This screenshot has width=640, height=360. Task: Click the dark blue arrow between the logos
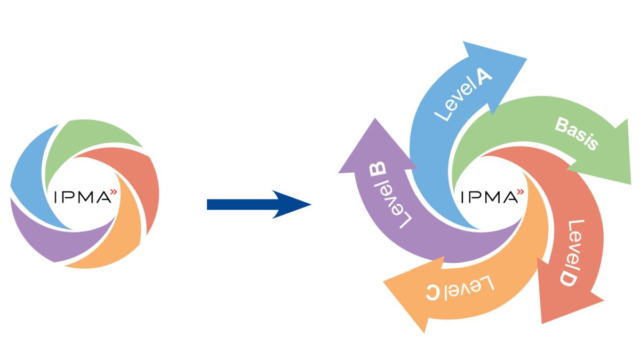(259, 204)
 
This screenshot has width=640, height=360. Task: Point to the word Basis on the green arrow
(577, 134)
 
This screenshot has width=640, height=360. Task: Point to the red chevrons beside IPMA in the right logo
(520, 191)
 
